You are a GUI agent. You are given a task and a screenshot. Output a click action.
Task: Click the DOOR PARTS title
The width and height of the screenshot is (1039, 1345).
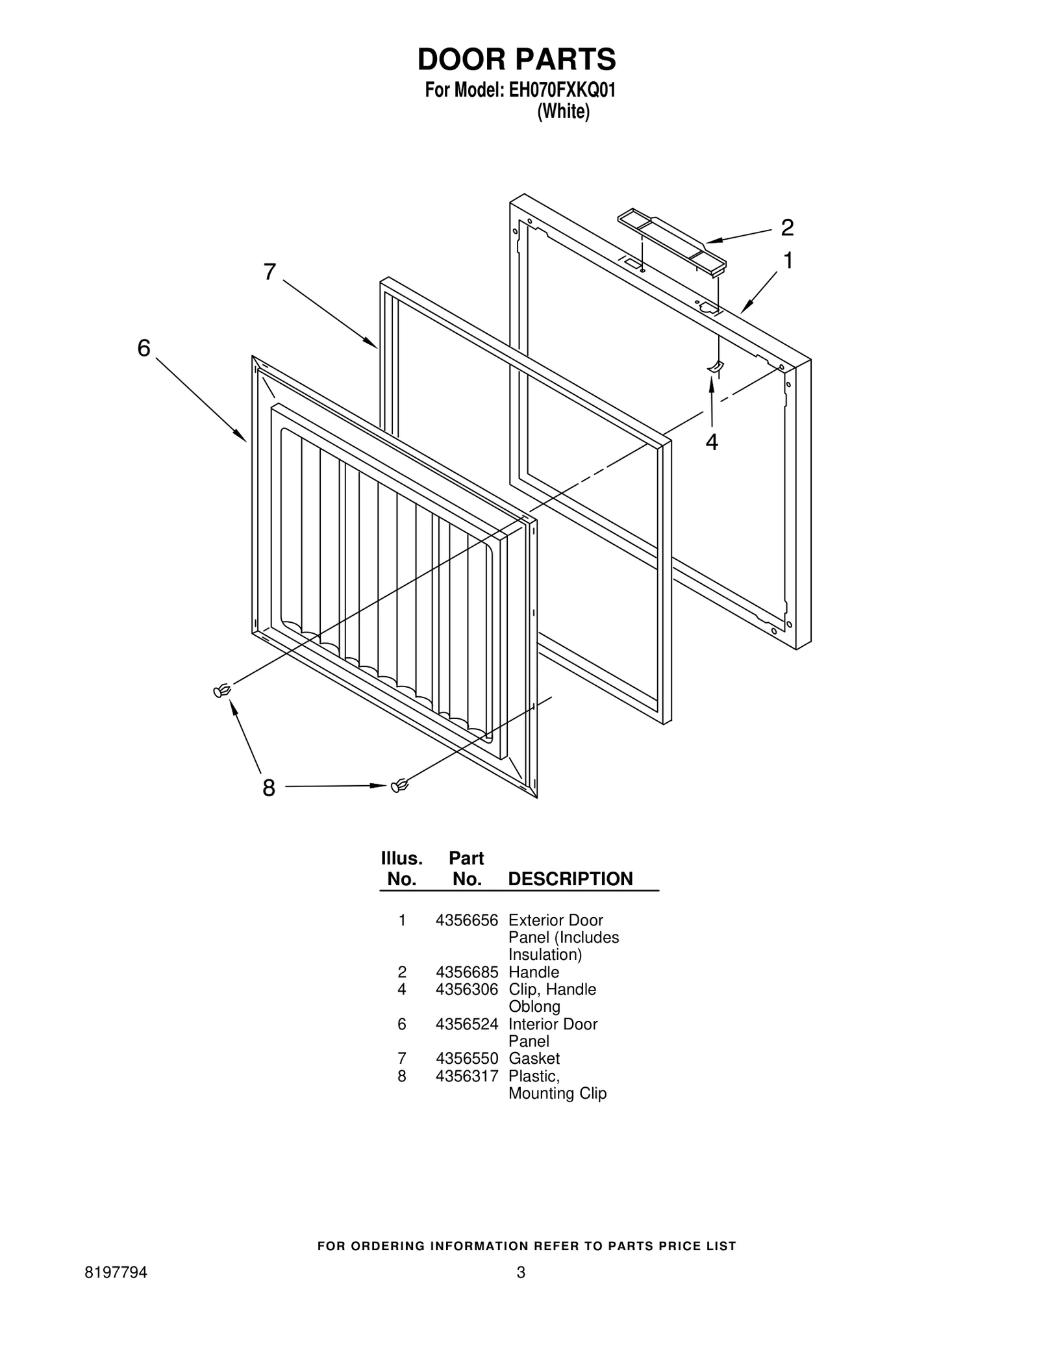516,59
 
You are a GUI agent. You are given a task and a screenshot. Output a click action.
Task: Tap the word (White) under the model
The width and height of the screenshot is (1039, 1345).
563,112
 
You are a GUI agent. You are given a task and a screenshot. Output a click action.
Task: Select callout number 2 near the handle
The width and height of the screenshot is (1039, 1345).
786,228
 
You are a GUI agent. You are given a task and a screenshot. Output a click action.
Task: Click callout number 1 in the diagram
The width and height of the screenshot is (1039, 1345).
788,261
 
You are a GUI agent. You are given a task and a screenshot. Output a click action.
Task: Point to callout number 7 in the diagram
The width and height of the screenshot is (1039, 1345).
269,272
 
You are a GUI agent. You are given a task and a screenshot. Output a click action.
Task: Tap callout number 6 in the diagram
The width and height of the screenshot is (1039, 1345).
144,349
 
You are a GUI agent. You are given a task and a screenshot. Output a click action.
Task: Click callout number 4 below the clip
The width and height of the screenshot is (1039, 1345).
712,442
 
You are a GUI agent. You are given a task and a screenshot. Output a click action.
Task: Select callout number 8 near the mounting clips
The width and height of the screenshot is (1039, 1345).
269,788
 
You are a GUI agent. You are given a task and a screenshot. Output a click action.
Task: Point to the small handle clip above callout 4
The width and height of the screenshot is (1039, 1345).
714,368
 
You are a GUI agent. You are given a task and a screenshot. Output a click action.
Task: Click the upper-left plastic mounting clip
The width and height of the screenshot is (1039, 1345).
222,691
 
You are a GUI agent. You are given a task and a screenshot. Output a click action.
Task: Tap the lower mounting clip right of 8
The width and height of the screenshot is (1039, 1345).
399,786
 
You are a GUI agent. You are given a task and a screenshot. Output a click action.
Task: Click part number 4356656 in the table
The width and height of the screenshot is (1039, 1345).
466,920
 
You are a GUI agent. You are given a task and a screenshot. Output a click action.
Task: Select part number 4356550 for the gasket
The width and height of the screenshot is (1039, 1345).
466,1059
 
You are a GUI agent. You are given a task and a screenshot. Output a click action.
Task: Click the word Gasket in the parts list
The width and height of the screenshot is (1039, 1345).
534,1059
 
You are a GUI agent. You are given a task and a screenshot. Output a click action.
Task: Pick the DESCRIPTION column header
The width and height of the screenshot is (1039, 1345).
570,879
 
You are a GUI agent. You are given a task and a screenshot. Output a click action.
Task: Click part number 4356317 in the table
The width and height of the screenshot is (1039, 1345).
466,1076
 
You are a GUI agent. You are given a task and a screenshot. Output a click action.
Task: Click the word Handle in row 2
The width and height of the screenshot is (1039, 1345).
533,972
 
